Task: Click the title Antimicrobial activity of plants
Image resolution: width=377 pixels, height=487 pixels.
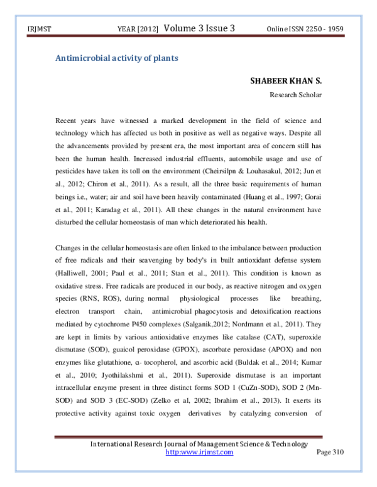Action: click(x=117, y=58)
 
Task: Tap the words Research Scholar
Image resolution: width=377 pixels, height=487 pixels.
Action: click(x=296, y=95)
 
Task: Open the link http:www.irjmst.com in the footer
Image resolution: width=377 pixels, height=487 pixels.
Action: click(x=199, y=452)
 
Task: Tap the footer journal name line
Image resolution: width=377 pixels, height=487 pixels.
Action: click(x=199, y=444)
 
